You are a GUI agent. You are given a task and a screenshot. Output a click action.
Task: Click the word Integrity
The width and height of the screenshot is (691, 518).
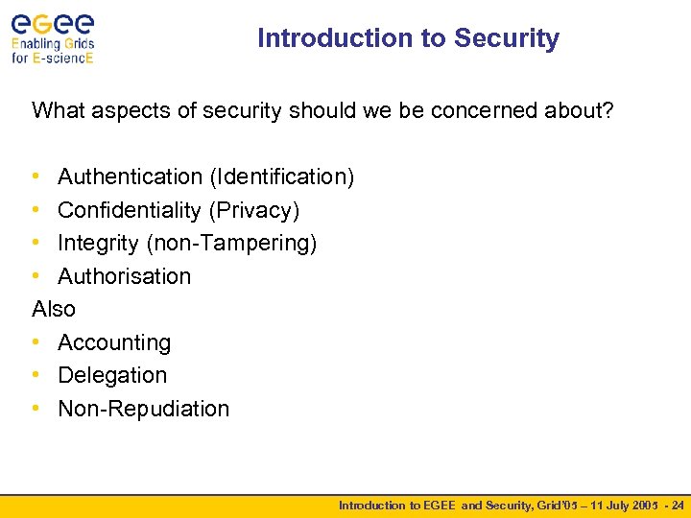click(x=99, y=243)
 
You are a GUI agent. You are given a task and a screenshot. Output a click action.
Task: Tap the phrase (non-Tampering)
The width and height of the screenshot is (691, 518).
click(x=231, y=243)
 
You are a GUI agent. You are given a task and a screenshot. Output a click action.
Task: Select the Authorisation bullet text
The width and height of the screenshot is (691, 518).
click(x=124, y=276)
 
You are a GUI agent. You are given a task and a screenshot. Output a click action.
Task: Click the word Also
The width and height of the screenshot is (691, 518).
click(x=54, y=309)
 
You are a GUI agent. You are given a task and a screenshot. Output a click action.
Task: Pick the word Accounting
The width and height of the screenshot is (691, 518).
click(x=114, y=342)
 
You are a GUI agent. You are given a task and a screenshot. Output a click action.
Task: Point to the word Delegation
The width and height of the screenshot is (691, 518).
click(x=112, y=375)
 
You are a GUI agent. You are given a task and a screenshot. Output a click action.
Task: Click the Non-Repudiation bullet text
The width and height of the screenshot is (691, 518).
click(x=144, y=409)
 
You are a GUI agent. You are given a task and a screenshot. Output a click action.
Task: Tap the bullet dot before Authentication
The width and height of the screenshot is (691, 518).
click(x=36, y=177)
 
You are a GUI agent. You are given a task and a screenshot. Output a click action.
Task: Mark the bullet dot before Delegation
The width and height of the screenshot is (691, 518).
click(x=36, y=375)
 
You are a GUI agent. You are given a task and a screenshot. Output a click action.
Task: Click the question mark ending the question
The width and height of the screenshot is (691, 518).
click(x=607, y=110)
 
